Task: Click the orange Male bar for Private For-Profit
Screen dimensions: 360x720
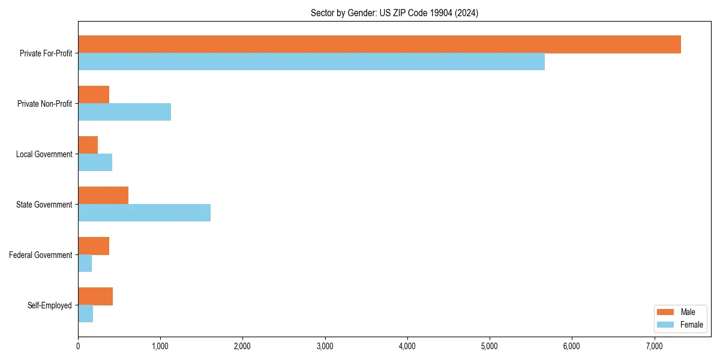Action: click(x=379, y=44)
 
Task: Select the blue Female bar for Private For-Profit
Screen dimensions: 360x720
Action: click(x=311, y=62)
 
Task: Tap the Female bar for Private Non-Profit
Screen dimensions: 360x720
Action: click(x=124, y=112)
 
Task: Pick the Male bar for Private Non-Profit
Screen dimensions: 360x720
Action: click(x=94, y=95)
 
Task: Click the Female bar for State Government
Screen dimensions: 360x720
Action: click(x=144, y=213)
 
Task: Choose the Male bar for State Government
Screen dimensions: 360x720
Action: click(x=103, y=196)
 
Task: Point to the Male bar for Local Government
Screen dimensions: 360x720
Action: click(x=88, y=145)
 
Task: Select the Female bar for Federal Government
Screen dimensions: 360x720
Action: click(x=85, y=263)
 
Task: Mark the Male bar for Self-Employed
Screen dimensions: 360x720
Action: click(x=95, y=296)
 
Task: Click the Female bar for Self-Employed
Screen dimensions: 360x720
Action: click(x=85, y=314)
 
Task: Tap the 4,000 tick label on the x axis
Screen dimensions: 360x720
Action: click(x=407, y=346)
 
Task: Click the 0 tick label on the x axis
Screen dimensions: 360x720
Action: click(x=78, y=346)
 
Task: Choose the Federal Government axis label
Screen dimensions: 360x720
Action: click(x=41, y=255)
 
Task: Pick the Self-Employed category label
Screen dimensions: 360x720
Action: click(x=50, y=305)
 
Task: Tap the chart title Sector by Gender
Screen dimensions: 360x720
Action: click(x=394, y=13)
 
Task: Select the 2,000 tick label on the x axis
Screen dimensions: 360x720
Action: click(x=242, y=346)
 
